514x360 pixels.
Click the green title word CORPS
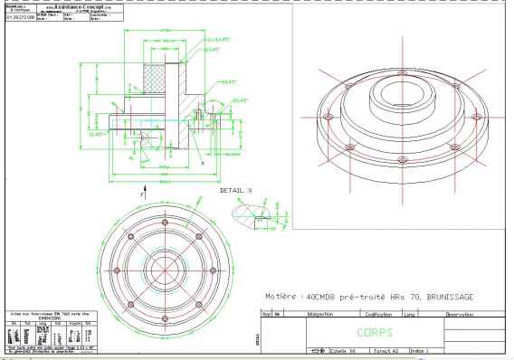point(376,332)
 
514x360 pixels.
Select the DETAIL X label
point(237,192)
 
